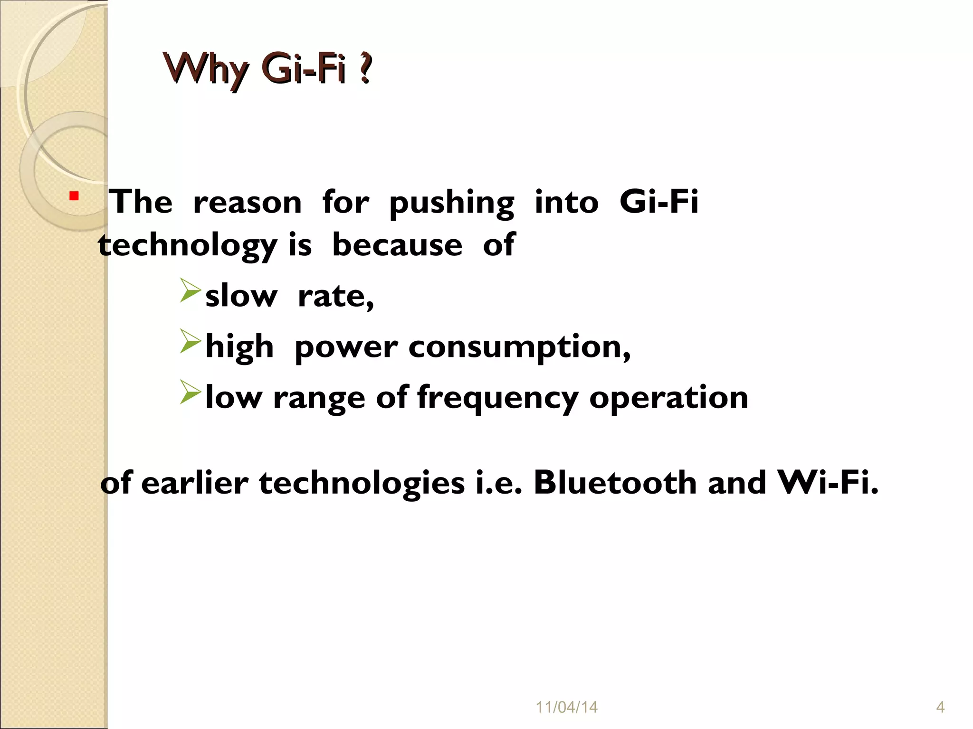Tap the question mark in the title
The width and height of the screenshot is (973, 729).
(x=365, y=68)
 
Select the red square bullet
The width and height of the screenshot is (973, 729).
(x=74, y=196)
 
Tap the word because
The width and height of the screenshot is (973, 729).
(x=397, y=245)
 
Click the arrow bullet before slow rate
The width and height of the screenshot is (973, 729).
(x=191, y=291)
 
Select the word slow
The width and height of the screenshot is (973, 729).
(x=241, y=296)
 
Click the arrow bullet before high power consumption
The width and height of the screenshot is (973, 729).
(x=191, y=342)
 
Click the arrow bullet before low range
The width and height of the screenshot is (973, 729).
(x=191, y=393)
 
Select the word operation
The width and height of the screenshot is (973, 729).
(x=668, y=398)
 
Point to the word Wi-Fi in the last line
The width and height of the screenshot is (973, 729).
(x=827, y=483)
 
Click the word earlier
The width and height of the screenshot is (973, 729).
(x=195, y=483)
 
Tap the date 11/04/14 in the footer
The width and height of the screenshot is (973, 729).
(x=566, y=707)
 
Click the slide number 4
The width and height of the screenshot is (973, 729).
(x=940, y=707)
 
